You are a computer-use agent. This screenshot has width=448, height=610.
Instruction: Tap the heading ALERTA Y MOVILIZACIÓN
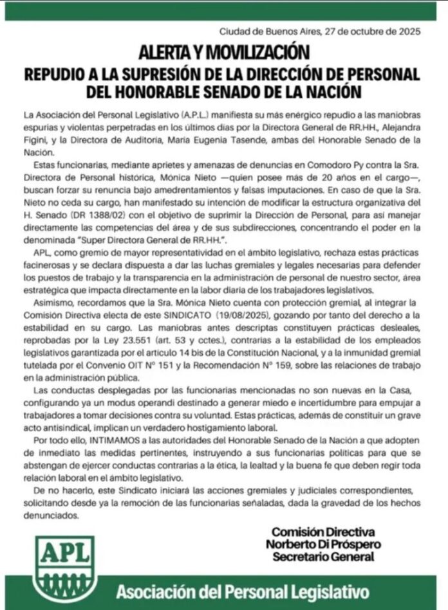(223, 49)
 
